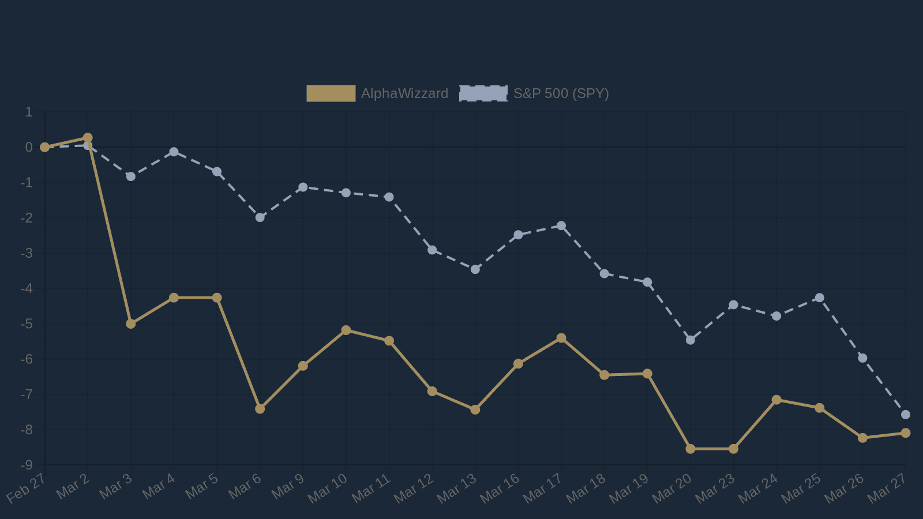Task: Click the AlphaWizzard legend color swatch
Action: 331,93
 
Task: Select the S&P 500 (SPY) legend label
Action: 561,93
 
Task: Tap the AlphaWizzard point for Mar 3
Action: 131,324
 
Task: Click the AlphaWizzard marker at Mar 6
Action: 260,408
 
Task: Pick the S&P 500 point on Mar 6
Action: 260,217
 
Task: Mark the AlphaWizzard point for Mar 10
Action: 346,330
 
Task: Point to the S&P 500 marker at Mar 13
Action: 475,269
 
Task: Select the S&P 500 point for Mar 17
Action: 561,225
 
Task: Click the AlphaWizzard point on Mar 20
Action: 691,449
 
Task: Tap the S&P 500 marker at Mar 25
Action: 820,298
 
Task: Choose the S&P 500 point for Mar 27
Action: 906,415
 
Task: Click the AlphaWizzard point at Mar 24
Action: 776,400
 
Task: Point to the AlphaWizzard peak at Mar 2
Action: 88,138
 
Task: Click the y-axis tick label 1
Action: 29,112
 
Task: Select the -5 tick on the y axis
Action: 27,324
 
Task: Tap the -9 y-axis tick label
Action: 27,465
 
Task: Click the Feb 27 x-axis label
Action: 27,488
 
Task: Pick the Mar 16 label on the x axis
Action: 500,488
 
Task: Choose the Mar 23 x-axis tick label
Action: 715,488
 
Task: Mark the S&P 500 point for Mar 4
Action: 174,152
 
